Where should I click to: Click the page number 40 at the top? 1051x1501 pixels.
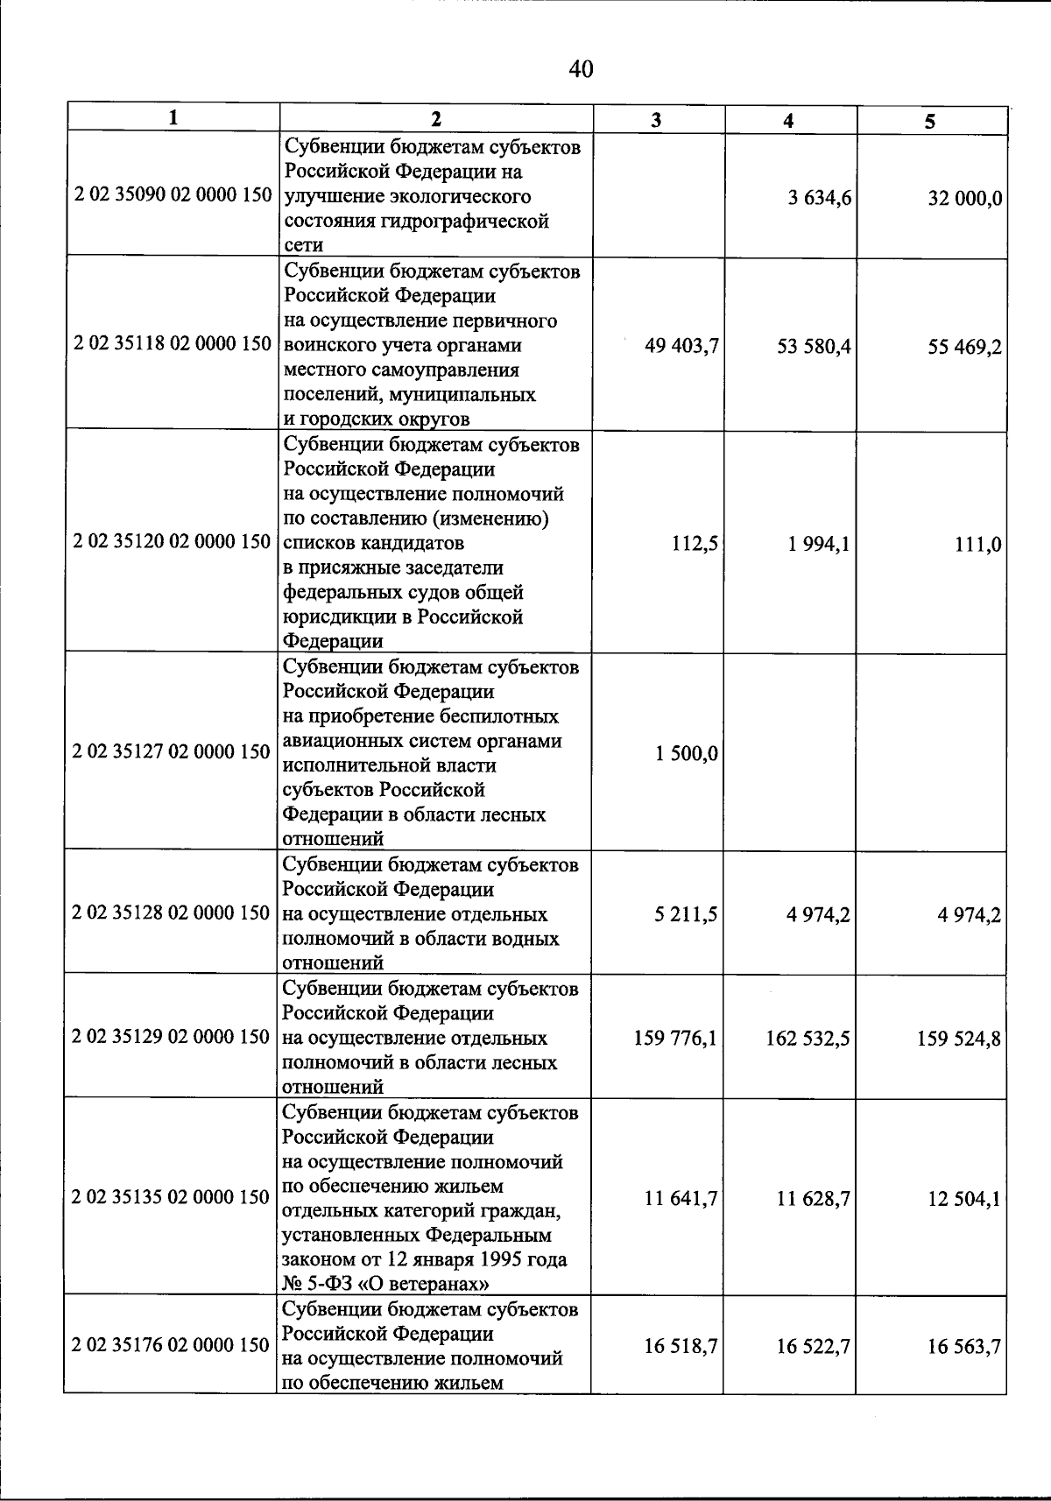(581, 69)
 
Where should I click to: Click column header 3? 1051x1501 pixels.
(657, 120)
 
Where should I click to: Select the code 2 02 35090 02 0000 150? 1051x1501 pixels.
(173, 195)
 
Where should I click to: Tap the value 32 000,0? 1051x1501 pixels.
(965, 199)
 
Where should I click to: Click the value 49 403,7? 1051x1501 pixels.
(681, 347)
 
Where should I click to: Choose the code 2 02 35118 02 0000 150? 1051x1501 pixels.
(173, 344)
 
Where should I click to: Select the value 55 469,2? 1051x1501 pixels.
(965, 349)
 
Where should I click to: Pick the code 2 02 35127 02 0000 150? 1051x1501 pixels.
(172, 751)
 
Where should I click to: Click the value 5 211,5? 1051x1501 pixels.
(686, 915)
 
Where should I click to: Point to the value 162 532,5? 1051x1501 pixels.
(808, 1039)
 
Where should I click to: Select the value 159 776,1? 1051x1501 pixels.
(675, 1039)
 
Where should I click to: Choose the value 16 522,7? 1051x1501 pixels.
(813, 1347)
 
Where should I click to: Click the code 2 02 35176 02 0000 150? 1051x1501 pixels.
(172, 1345)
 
